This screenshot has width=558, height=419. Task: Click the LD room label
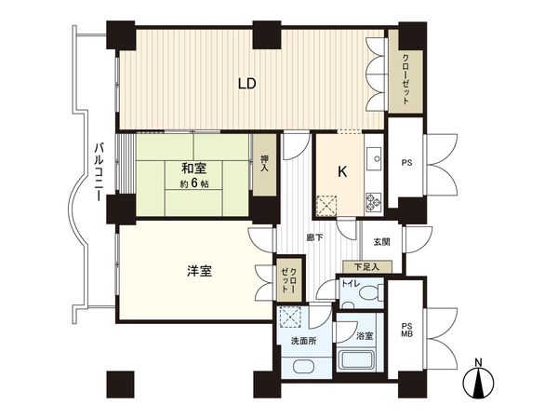click(246, 83)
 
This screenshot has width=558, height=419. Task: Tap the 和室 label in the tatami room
click(193, 168)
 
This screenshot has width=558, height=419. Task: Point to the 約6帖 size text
click(193, 183)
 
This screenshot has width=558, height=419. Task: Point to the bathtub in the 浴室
click(355, 360)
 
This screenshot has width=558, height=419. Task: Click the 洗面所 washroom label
click(304, 341)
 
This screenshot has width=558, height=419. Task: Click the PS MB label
click(406, 331)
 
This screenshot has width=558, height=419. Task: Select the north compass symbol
click(478, 382)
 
